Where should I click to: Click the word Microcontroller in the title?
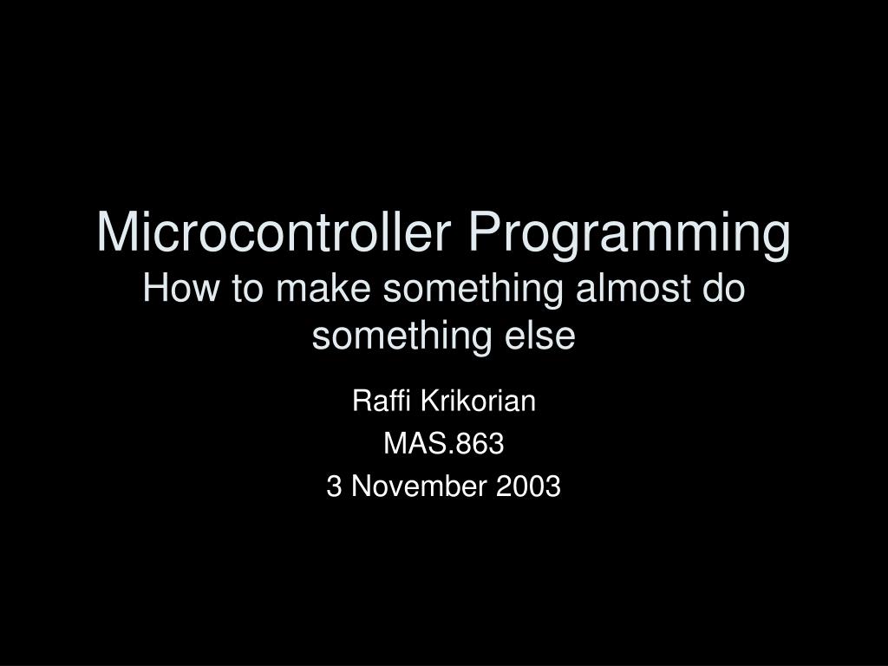274,232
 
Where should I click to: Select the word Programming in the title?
629,235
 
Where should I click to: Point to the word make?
323,288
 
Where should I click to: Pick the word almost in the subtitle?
632,288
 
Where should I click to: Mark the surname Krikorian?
478,401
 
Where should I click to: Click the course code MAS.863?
443,443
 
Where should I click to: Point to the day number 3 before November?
334,486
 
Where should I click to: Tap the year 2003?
528,486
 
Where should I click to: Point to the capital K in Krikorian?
430,401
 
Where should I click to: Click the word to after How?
247,289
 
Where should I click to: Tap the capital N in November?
362,486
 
